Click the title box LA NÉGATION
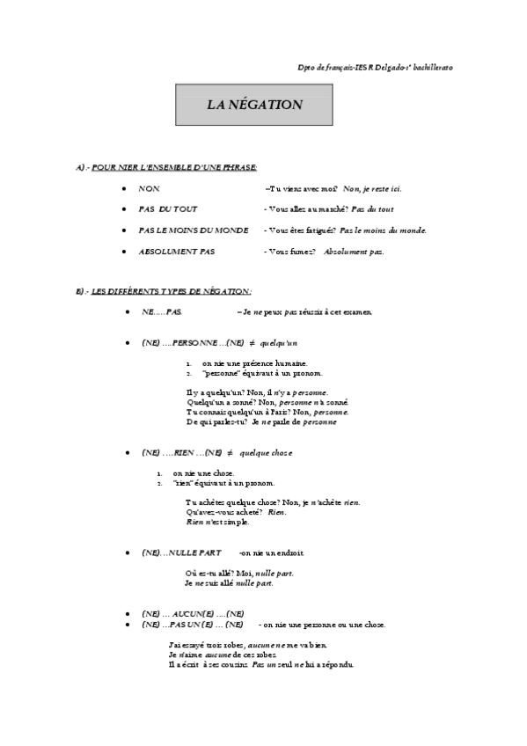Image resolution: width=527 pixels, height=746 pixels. click(x=254, y=105)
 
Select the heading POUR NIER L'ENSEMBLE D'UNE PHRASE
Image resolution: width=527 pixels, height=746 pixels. click(x=166, y=167)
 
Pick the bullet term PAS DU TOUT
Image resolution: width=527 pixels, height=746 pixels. click(x=168, y=209)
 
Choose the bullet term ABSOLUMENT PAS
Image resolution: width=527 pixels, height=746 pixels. click(x=176, y=252)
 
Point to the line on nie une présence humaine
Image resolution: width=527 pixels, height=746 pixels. click(x=255, y=362)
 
